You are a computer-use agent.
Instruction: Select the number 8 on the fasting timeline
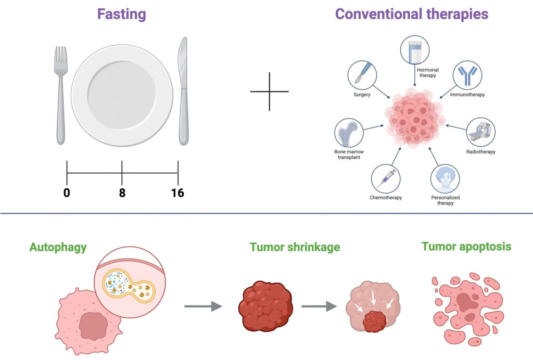coord(122,193)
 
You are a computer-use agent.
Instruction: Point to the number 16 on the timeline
coord(177,193)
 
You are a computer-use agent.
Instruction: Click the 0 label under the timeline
coord(67,193)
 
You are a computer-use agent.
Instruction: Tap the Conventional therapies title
coord(412,14)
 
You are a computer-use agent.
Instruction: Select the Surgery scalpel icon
coord(362,75)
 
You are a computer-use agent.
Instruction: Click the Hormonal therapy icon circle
coord(415,49)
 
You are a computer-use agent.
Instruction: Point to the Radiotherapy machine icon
coord(481,132)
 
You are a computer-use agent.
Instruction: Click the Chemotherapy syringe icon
coord(386,177)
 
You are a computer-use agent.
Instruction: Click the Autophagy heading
coord(58,247)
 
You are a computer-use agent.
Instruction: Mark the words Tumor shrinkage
coord(295,247)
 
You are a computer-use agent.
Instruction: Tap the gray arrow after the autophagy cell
coord(203,307)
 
